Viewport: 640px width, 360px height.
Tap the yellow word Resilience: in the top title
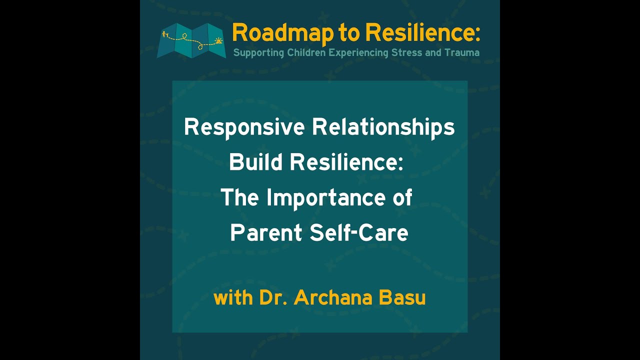pos(422,33)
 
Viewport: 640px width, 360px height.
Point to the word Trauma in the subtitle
pos(462,52)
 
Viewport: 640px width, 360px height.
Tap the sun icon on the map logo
pos(217,40)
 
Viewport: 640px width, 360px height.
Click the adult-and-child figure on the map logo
pos(165,35)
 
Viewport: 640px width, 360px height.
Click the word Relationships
pos(383,127)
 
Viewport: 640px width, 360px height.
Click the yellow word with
pos(233,297)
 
